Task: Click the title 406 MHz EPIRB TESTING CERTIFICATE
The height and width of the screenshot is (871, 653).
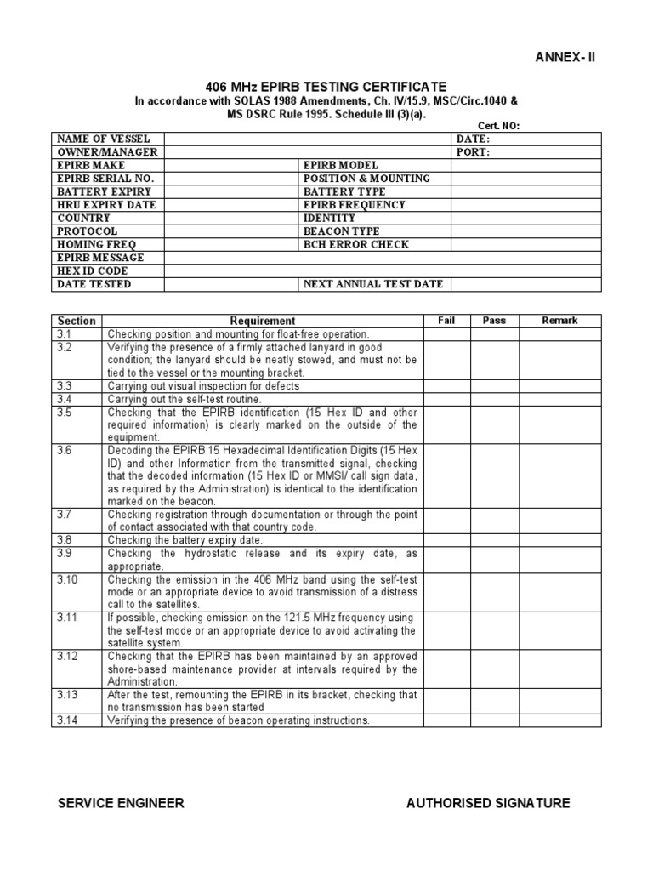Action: click(326, 87)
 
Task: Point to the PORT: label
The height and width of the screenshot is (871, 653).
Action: click(473, 152)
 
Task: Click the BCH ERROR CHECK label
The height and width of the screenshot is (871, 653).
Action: click(355, 244)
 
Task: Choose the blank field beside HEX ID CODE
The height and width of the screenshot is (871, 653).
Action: click(383, 270)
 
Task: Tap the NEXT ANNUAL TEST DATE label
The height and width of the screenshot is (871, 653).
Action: click(372, 284)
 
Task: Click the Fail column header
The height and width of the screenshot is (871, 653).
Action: click(446, 321)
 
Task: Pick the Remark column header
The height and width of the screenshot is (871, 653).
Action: click(559, 321)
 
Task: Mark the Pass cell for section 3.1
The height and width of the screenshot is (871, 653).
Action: click(494, 334)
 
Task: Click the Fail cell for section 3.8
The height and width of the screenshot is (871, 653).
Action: click(446, 540)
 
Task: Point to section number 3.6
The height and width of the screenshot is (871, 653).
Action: click(65, 450)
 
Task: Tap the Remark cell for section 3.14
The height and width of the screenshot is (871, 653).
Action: click(559, 720)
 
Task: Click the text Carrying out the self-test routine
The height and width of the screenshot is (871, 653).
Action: click(185, 399)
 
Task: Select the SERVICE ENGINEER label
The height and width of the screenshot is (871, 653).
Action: click(120, 803)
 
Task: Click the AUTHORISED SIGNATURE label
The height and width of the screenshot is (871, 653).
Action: click(488, 803)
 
